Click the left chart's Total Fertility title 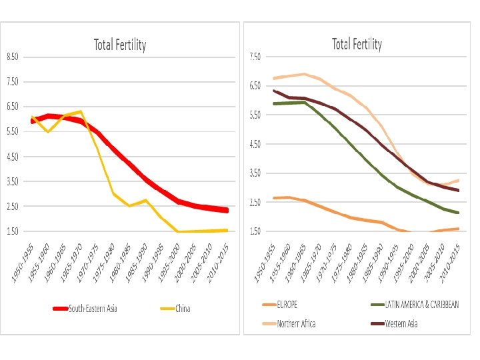[x=119, y=45]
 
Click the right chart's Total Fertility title [x=357, y=45]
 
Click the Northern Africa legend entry [x=293, y=324]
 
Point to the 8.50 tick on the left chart [x=13, y=57]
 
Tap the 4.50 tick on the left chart [x=13, y=157]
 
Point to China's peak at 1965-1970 [x=80, y=111]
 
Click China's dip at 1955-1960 [x=47, y=132]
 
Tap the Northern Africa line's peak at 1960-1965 [x=305, y=74]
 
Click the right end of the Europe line [x=459, y=229]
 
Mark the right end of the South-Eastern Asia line [x=227, y=210]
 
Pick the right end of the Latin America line [x=459, y=213]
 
